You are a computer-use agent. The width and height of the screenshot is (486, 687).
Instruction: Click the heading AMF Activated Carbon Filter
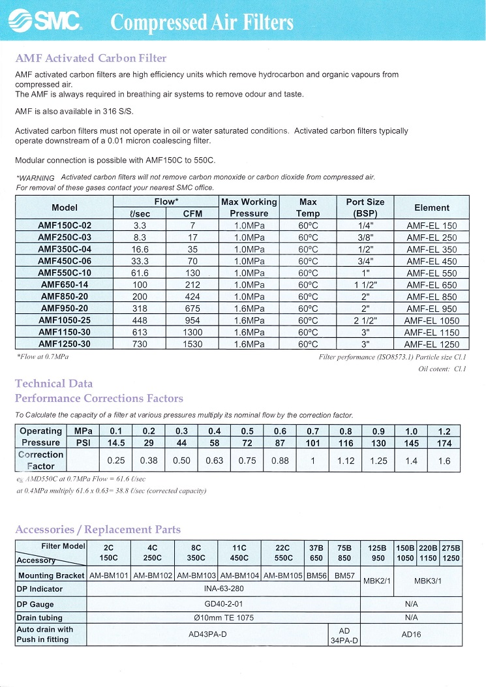pyautogui.click(x=91, y=59)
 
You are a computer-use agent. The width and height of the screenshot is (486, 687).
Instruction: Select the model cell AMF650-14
pyautogui.click(x=65, y=285)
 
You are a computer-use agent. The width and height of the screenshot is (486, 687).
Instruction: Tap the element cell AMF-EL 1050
pyautogui.click(x=431, y=320)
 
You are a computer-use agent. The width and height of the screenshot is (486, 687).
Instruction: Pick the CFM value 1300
pyautogui.click(x=192, y=332)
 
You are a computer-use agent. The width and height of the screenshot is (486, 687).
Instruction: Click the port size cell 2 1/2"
pyautogui.click(x=365, y=320)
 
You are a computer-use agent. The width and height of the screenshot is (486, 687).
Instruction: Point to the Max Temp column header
pyautogui.click(x=308, y=207)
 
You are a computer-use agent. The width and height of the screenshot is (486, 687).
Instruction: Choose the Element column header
pyautogui.click(x=431, y=207)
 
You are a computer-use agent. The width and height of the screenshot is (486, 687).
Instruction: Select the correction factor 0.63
pyautogui.click(x=214, y=461)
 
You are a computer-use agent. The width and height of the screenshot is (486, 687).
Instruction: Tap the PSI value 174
pyautogui.click(x=444, y=443)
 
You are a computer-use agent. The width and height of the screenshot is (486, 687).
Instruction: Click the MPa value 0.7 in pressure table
pyautogui.click(x=312, y=431)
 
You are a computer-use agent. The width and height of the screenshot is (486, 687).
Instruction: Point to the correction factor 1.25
pyautogui.click(x=378, y=461)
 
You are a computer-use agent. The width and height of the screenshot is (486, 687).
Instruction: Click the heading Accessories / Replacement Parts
pyautogui.click(x=98, y=530)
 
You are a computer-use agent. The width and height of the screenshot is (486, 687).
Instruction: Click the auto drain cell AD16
pyautogui.click(x=411, y=634)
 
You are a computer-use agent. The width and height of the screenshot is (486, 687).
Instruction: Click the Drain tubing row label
pyautogui.click(x=40, y=617)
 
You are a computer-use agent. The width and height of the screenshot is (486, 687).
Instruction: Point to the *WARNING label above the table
pyautogui.click(x=35, y=177)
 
